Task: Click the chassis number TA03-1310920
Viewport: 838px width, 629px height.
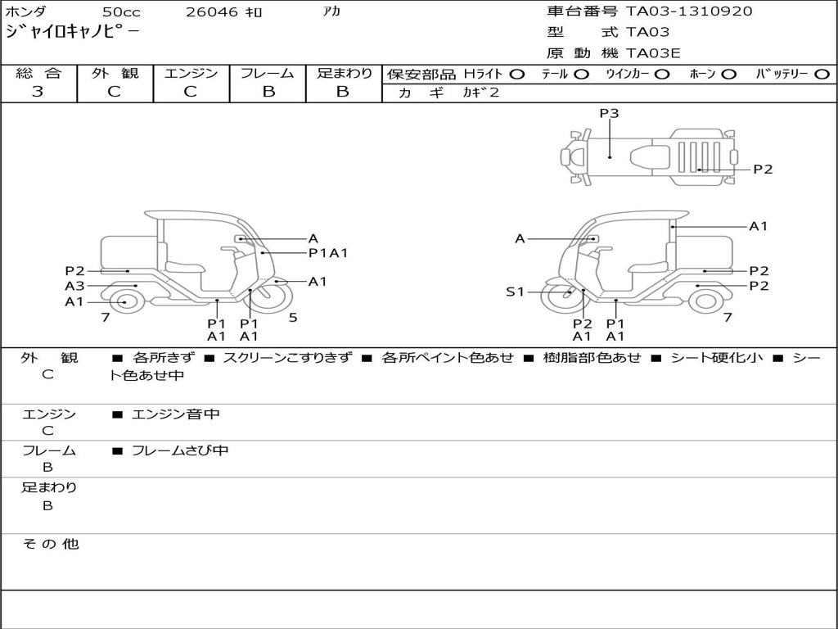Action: (689, 11)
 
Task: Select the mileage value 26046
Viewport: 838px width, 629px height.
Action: (211, 11)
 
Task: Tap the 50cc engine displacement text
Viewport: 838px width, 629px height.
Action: (121, 11)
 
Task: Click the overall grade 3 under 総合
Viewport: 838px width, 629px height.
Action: (38, 92)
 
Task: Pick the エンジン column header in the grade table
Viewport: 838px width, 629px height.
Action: (191, 73)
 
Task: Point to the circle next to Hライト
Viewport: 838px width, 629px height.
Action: (517, 75)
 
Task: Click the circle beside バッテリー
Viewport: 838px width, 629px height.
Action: (822, 75)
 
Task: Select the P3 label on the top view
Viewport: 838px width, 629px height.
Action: (609, 113)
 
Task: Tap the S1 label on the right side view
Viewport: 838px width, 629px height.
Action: (516, 292)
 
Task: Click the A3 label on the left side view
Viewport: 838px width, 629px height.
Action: (74, 286)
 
